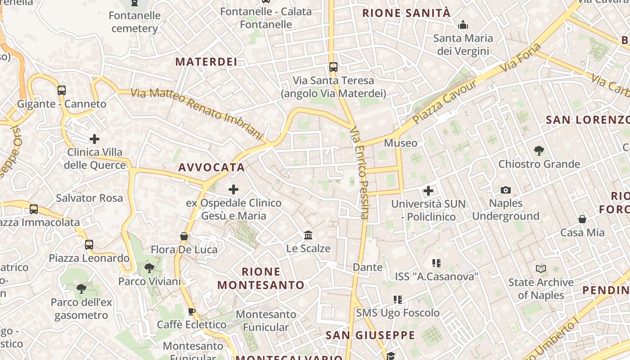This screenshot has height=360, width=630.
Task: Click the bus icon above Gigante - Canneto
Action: [x=62, y=90]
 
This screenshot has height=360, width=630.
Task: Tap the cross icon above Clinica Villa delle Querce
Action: [x=94, y=139]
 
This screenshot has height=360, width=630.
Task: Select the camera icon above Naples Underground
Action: [x=506, y=190]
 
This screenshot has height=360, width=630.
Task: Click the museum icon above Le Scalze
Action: [x=308, y=235]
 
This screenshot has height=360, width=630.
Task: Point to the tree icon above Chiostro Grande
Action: [x=539, y=150]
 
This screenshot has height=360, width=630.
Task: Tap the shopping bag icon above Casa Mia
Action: [x=582, y=219]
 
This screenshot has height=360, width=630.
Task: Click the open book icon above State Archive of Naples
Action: [x=541, y=269]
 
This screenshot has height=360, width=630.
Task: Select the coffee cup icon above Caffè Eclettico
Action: [x=192, y=311]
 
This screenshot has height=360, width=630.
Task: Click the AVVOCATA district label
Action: [x=211, y=167]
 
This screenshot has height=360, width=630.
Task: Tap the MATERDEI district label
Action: [x=206, y=62]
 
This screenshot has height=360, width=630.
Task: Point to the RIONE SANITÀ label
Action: [x=406, y=13]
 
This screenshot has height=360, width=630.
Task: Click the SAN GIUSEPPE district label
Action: [x=370, y=335]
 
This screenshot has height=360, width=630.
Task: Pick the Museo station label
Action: [x=400, y=143]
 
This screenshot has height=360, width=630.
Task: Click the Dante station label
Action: [x=368, y=267]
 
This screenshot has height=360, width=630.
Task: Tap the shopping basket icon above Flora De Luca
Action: [x=184, y=236]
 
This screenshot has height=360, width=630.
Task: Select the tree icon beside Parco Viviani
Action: [x=149, y=269]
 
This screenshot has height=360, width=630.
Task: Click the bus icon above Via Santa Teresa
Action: [x=333, y=67]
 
